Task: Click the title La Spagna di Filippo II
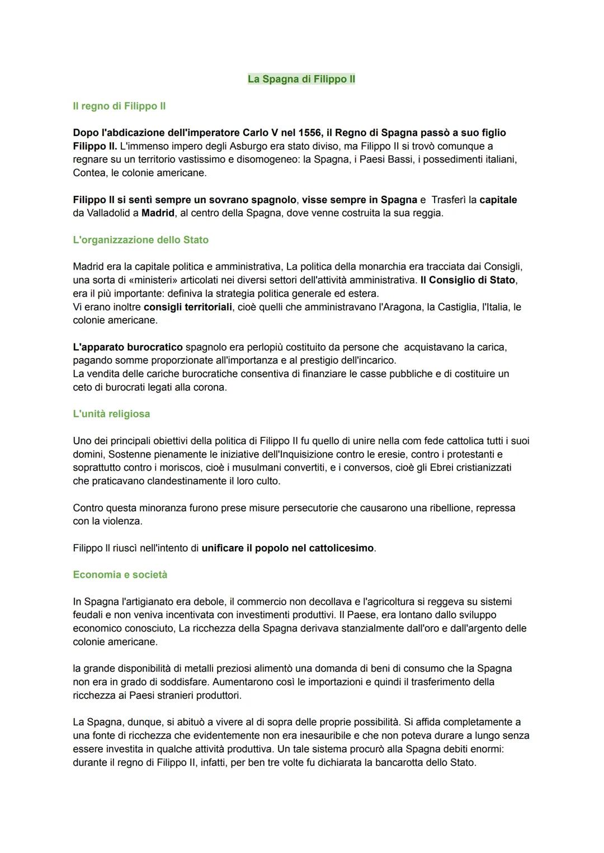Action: click(x=301, y=79)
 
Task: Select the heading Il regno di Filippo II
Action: click(x=119, y=106)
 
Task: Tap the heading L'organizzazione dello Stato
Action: click(x=140, y=240)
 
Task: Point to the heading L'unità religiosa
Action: click(x=111, y=414)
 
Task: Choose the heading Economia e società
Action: click(x=120, y=575)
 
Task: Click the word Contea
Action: click(x=89, y=173)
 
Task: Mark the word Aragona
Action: click(x=400, y=307)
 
